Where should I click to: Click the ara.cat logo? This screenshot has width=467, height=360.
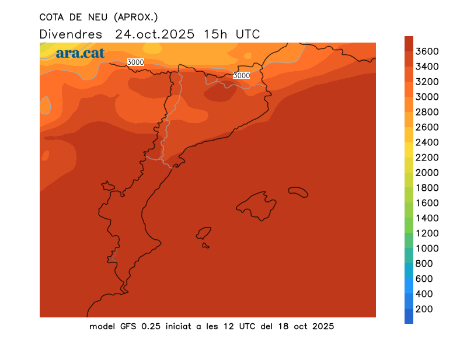point(80,53)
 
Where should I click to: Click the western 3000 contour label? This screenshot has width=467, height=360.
point(135,62)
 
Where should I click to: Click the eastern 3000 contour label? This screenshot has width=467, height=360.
point(241,75)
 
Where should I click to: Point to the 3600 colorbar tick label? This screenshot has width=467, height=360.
point(427,51)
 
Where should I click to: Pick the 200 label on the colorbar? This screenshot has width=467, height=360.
point(424,309)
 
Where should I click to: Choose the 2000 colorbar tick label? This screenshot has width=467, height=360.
point(427,173)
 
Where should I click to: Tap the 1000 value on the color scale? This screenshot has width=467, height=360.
point(427,249)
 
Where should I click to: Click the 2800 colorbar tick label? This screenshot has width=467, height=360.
point(427,112)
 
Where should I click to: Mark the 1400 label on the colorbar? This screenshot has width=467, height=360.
point(427,218)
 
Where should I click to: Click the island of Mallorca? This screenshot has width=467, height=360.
point(257,205)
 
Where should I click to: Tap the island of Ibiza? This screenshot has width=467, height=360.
point(204,233)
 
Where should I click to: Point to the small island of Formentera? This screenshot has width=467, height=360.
point(205,246)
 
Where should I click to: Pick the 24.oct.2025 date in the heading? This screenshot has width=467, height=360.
point(154,34)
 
